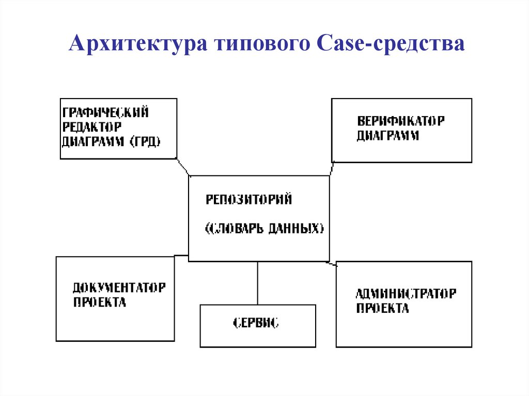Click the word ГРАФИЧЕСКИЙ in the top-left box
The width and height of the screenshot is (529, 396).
click(x=105, y=112)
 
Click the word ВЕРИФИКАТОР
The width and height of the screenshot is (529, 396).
click(x=401, y=122)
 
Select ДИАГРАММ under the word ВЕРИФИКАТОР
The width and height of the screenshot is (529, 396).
click(x=388, y=136)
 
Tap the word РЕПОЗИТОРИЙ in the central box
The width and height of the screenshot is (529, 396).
click(x=249, y=199)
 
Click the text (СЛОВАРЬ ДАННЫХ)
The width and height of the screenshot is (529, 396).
click(x=264, y=229)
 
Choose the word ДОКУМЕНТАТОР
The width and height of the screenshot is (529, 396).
click(x=119, y=288)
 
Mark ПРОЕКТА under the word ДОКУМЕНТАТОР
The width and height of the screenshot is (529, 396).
click(x=99, y=302)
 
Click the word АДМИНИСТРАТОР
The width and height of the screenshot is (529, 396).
click(x=406, y=294)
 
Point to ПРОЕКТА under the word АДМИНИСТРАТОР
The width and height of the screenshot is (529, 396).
click(x=382, y=308)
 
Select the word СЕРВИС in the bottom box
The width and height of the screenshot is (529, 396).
click(x=256, y=324)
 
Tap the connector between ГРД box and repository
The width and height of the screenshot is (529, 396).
click(x=183, y=167)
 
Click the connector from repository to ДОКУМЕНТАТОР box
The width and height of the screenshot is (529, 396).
click(x=181, y=255)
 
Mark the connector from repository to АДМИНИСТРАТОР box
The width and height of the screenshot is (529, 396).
click(x=333, y=264)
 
